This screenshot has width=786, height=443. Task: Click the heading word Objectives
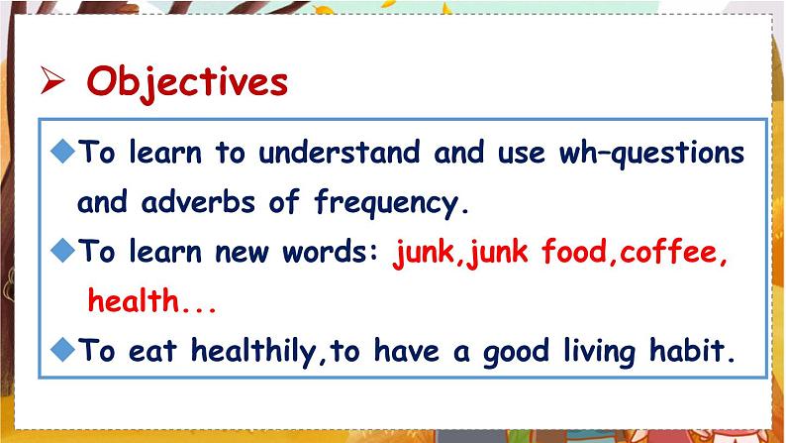pos(187,81)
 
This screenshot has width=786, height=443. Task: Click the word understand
pos(344,154)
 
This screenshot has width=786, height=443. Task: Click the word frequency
pos(389,204)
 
